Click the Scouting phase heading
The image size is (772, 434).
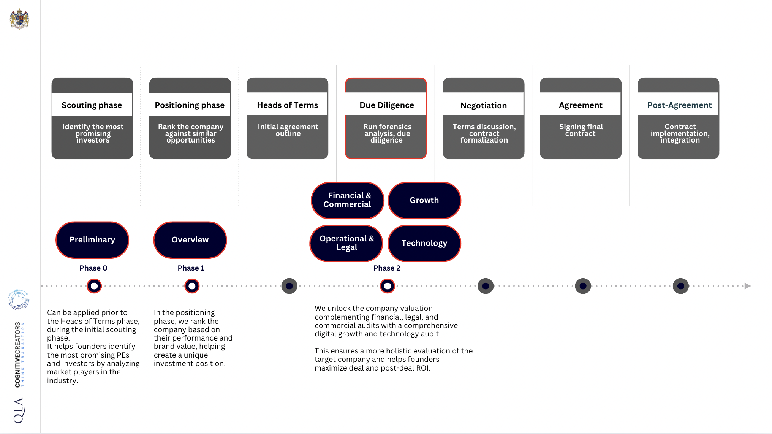point(92,105)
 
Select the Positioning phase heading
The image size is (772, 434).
point(190,105)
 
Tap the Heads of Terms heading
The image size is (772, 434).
point(287,105)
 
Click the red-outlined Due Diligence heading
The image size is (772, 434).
point(386,105)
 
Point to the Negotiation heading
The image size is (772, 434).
point(483,105)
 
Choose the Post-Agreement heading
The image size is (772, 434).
point(679,105)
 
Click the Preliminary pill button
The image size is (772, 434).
point(92,240)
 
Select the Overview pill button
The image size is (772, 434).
point(190,240)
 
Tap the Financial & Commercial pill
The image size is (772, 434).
point(347,200)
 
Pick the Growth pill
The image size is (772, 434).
point(424,200)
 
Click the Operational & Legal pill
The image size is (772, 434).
point(346,243)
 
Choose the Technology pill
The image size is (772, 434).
point(424,243)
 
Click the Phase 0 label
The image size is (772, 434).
point(93,268)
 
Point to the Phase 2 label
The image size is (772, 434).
point(387,268)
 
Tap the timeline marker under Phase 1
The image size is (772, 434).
point(192,286)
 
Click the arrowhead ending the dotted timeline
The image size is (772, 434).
point(747,286)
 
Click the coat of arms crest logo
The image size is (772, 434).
point(19,19)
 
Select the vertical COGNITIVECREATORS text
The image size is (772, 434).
point(18,354)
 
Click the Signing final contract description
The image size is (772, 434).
point(581,130)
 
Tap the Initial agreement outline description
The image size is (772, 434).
point(288,130)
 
